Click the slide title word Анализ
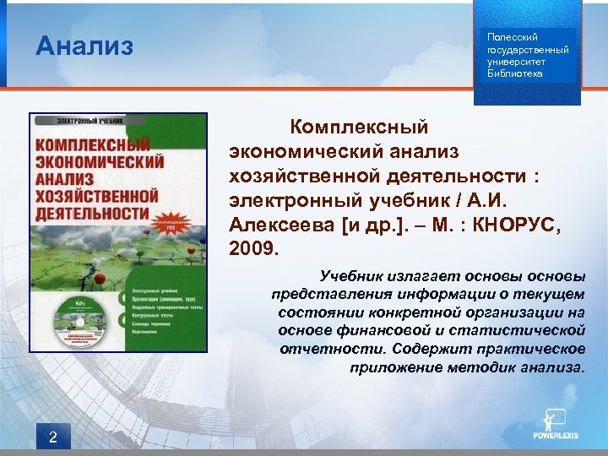(x=84, y=46)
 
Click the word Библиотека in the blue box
(x=515, y=74)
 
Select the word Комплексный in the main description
(x=359, y=128)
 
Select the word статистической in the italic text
(x=526, y=329)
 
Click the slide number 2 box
(x=53, y=437)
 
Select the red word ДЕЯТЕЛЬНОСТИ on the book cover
(x=89, y=209)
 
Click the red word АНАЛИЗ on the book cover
(x=62, y=176)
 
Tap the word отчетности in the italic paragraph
(x=321, y=349)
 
